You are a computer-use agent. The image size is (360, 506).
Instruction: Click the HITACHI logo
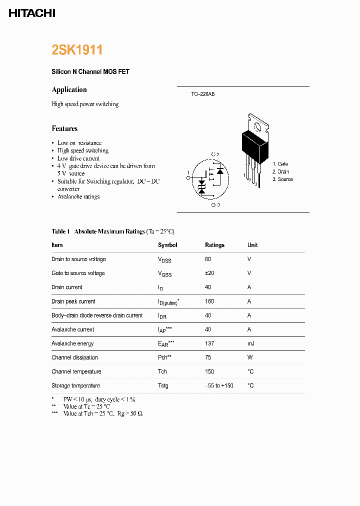(x=32, y=13)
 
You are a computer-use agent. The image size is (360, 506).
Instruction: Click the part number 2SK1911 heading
(x=77, y=50)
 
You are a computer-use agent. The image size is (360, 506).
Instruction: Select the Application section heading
(x=69, y=89)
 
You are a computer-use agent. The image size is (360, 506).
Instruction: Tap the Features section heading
(x=64, y=128)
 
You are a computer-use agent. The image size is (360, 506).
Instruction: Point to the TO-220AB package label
(x=202, y=94)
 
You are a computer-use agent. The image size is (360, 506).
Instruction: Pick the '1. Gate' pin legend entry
(x=280, y=164)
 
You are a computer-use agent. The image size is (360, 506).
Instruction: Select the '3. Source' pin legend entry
(x=282, y=179)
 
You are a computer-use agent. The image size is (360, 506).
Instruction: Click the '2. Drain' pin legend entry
(x=280, y=171)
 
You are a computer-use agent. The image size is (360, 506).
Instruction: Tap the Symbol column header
(x=167, y=245)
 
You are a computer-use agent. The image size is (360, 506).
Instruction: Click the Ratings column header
(x=214, y=245)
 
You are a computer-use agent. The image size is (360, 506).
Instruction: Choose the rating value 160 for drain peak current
(x=209, y=301)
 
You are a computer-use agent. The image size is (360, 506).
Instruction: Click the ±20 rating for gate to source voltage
(x=209, y=273)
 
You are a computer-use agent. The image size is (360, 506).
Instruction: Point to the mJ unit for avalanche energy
(x=250, y=343)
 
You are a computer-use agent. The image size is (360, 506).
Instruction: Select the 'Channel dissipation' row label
(x=74, y=357)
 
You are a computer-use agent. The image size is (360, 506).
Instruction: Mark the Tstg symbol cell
(x=163, y=385)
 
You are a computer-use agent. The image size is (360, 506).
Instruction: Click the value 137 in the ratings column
(x=209, y=343)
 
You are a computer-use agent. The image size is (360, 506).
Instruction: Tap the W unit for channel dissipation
(x=249, y=357)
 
